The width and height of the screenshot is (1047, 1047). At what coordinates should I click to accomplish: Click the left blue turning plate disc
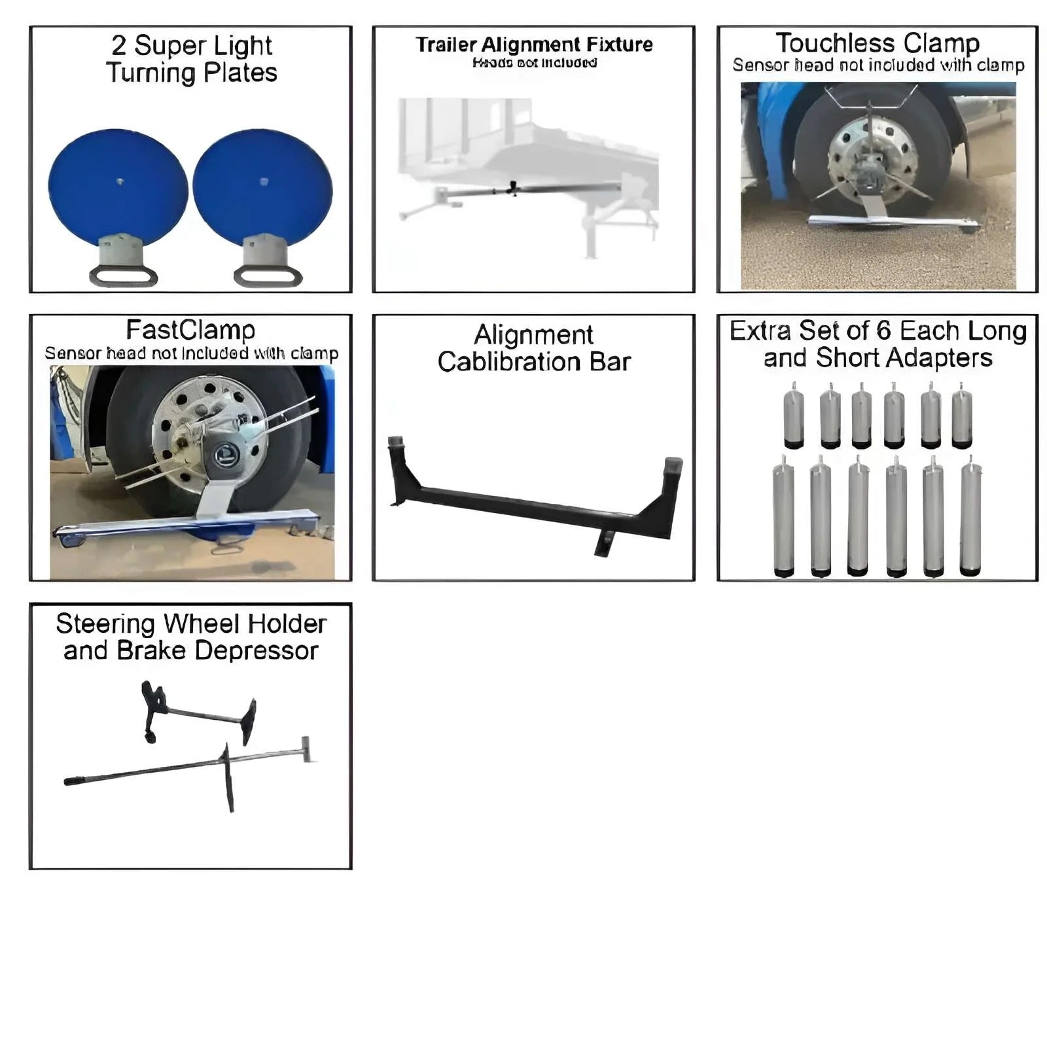pyautogui.click(x=118, y=186)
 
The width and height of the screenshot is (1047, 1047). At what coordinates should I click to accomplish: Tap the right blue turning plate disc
pyautogui.click(x=263, y=186)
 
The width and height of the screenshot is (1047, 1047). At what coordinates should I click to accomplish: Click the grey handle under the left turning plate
pyautogui.click(x=123, y=275)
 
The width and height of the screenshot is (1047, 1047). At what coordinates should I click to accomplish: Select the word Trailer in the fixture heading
pyautogui.click(x=446, y=44)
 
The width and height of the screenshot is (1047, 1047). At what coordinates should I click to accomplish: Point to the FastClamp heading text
pyautogui.click(x=190, y=330)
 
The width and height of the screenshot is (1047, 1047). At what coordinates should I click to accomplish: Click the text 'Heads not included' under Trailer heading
pyautogui.click(x=534, y=63)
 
